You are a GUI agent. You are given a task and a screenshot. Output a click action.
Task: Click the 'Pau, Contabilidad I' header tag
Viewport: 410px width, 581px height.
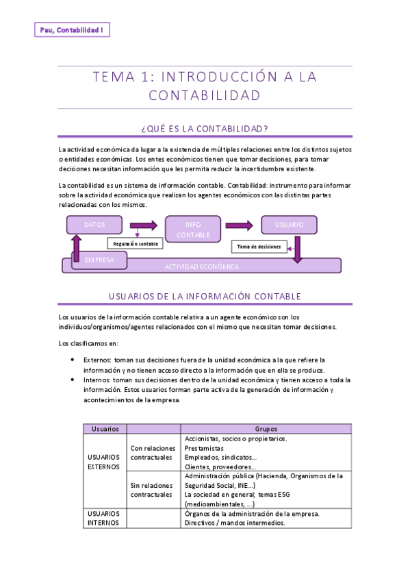coord(71,30)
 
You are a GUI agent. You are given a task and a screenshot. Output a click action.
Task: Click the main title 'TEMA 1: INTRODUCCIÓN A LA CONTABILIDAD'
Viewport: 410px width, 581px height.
coord(205,86)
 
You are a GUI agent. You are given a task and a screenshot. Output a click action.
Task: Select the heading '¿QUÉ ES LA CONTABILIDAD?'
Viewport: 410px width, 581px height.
coord(205,128)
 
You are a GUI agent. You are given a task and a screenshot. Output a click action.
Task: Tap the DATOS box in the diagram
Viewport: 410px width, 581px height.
coord(94,225)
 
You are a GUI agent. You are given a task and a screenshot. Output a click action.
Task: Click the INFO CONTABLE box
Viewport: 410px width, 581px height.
coord(193,230)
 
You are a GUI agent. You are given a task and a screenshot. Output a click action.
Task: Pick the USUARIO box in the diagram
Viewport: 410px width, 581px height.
coord(289,225)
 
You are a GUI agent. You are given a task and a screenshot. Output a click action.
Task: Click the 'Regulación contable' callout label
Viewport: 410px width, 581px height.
coord(136,243)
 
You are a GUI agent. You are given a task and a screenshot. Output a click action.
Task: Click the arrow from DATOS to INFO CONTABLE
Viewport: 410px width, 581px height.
coord(143,225)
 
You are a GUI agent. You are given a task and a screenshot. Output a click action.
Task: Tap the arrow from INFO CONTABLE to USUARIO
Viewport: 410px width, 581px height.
coord(239,225)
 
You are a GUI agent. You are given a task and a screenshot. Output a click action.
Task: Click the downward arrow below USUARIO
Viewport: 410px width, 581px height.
coord(297,249)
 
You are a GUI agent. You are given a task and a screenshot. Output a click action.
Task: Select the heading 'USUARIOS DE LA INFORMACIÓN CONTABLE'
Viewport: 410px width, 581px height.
coord(205,296)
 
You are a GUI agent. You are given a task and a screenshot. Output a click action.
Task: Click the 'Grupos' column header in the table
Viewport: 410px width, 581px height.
coord(266,428)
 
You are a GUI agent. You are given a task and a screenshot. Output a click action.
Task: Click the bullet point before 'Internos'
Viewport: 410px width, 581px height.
coord(73,380)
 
